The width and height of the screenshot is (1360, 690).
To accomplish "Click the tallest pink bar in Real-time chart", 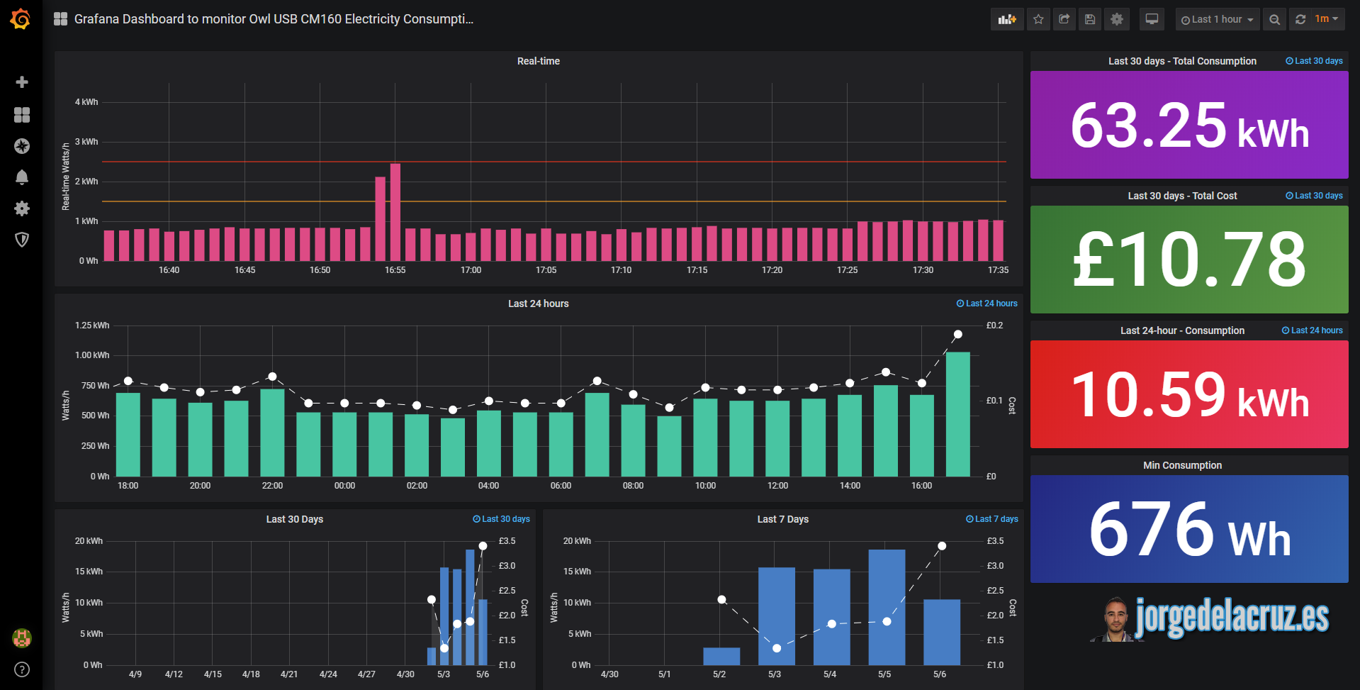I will (395, 213).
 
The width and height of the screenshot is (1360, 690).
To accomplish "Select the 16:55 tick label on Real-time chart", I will (395, 270).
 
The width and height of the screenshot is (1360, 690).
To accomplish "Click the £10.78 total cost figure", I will (1189, 260).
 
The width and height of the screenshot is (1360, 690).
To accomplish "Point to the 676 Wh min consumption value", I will (1189, 530).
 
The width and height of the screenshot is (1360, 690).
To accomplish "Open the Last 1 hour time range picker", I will (1217, 20).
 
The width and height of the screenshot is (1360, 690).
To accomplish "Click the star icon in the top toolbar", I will (1038, 20).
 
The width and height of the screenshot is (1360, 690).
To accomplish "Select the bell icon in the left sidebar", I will (22, 177).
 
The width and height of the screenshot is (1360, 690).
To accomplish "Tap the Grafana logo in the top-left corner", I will (21, 19).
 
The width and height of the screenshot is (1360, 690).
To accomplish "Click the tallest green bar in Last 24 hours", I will (957, 414).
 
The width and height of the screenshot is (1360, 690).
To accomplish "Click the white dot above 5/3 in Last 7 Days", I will (777, 648).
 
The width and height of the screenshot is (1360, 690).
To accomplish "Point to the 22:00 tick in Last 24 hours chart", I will (272, 486).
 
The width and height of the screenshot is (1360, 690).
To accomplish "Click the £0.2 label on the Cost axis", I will (994, 325).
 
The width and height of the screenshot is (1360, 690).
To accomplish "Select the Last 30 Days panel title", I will (294, 520).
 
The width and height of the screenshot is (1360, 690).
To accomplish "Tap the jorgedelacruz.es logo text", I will (1232, 617).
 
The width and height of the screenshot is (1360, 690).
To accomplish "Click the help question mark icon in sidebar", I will (22, 669).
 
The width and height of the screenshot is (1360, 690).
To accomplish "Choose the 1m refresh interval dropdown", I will (1326, 20).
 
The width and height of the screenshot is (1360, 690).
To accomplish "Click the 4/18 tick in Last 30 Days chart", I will (251, 674).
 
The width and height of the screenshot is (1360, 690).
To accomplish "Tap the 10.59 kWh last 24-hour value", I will (1189, 395).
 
